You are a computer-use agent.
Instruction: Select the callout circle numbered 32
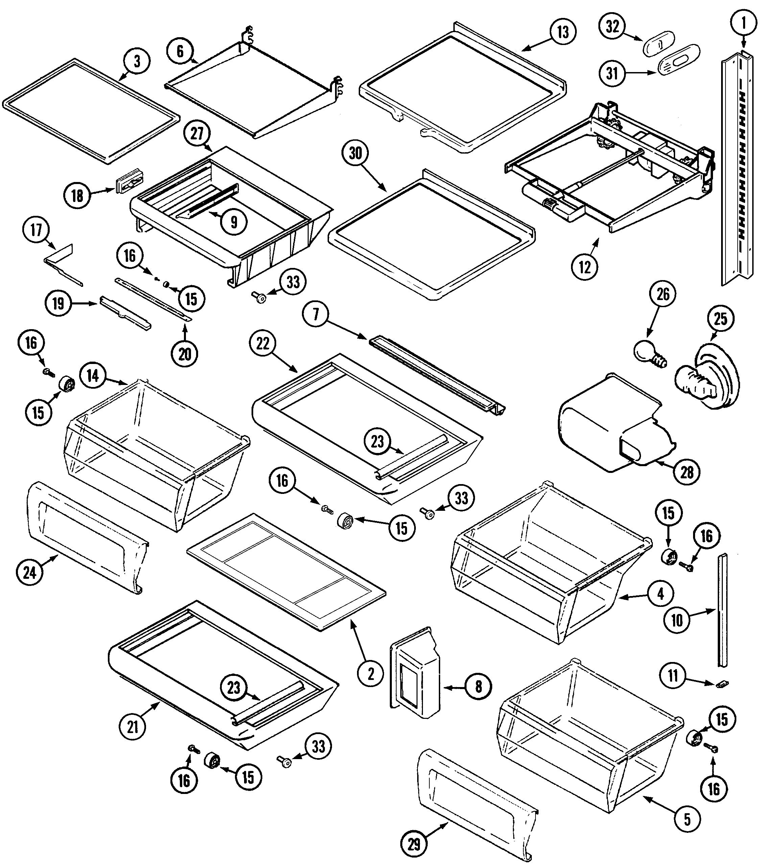[x=612, y=27]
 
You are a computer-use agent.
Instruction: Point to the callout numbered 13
[x=563, y=32]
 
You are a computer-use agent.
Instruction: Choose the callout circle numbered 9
[x=234, y=221]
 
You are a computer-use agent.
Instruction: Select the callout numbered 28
[x=687, y=472]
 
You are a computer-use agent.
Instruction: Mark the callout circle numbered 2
[x=371, y=674]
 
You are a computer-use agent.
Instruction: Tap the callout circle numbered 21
[x=133, y=727]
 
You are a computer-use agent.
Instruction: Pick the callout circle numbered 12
[x=585, y=267]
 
